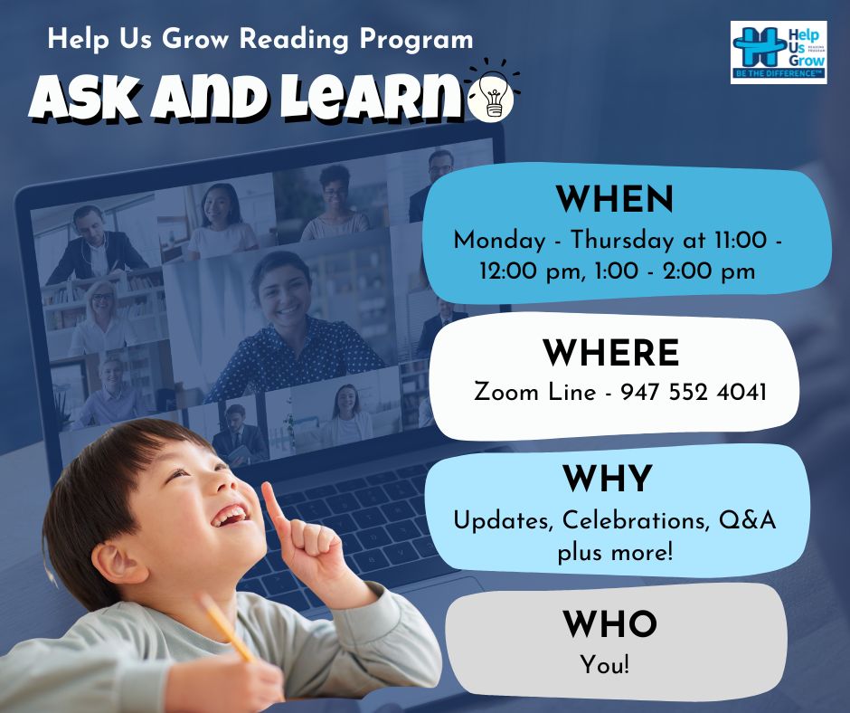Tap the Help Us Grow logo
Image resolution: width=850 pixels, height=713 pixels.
tap(779, 52)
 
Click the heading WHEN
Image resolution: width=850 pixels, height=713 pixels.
tap(615, 199)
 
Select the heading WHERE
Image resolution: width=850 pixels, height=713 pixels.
tap(611, 353)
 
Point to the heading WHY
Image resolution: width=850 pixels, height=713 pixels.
tap(607, 479)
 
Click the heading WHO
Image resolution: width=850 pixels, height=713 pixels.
tap(609, 624)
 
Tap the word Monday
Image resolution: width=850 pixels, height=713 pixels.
tap(499, 241)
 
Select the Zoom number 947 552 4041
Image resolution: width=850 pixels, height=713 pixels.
tap(694, 392)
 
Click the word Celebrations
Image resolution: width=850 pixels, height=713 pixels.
tap(636, 520)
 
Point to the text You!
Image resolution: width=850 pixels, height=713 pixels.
tap(605, 665)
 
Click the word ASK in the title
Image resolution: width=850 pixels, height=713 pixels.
tap(86, 98)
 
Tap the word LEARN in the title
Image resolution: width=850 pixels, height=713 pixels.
tap(370, 97)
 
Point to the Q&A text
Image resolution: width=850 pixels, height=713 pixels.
tap(748, 520)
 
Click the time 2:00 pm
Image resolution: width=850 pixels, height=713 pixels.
tap(709, 271)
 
